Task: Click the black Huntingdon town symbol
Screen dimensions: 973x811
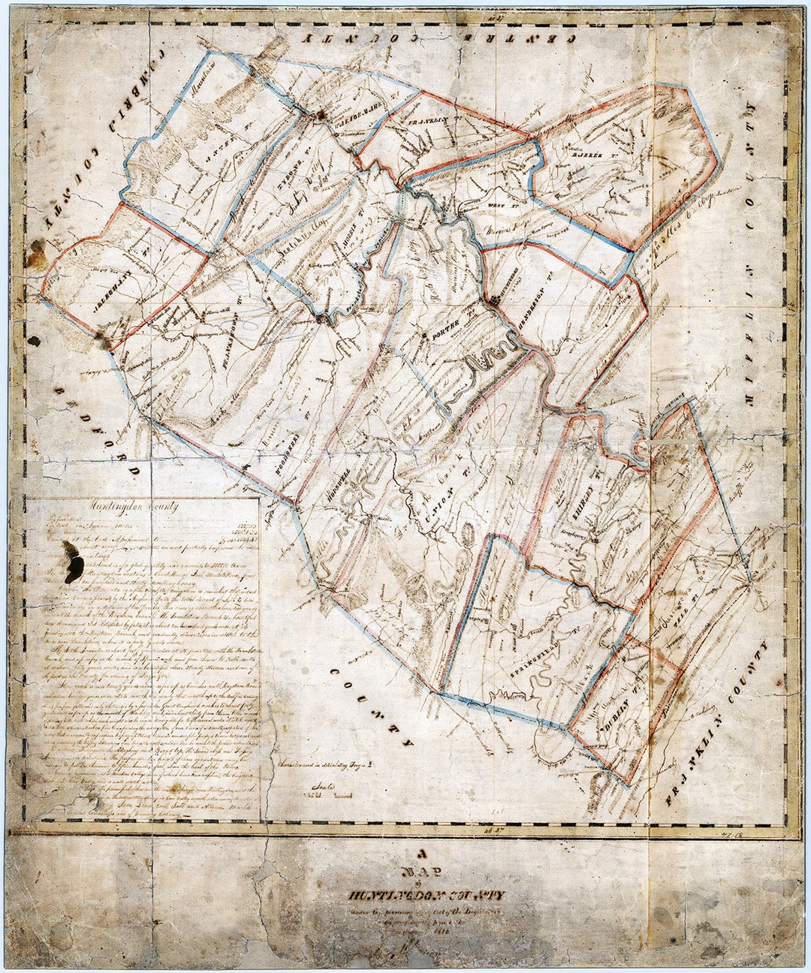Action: (494, 300)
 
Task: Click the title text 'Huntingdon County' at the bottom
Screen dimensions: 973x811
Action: (425, 896)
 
